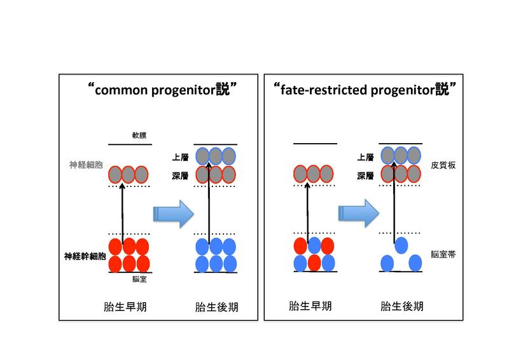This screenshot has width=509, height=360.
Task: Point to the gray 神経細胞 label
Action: pos(85,165)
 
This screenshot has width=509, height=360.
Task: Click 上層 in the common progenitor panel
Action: pos(181,156)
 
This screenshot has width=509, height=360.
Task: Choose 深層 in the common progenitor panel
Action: pos(181,173)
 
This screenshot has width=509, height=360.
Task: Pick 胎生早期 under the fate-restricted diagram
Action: pos(311,307)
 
